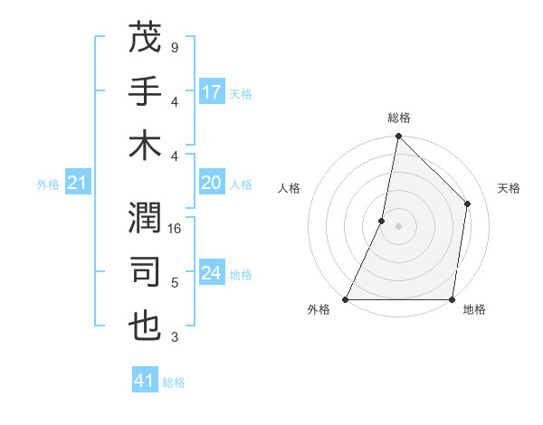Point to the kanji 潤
click(x=145, y=217)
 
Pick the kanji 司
click(x=145, y=271)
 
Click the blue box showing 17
click(x=212, y=92)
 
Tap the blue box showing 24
click(x=212, y=273)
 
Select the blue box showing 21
click(x=78, y=184)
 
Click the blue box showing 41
click(x=145, y=381)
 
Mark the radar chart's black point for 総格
click(x=398, y=137)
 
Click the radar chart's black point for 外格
click(x=346, y=299)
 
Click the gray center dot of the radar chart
click(x=398, y=226)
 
